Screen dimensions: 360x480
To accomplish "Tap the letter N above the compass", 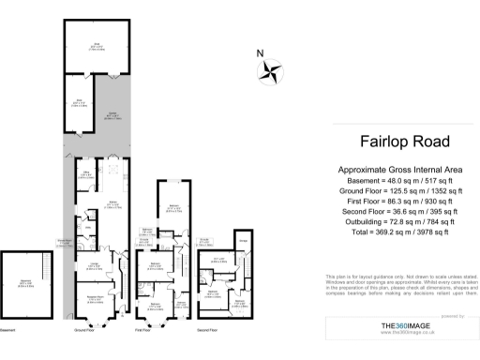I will coord(261,53).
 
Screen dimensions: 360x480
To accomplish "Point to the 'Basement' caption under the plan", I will coord(9,330).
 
